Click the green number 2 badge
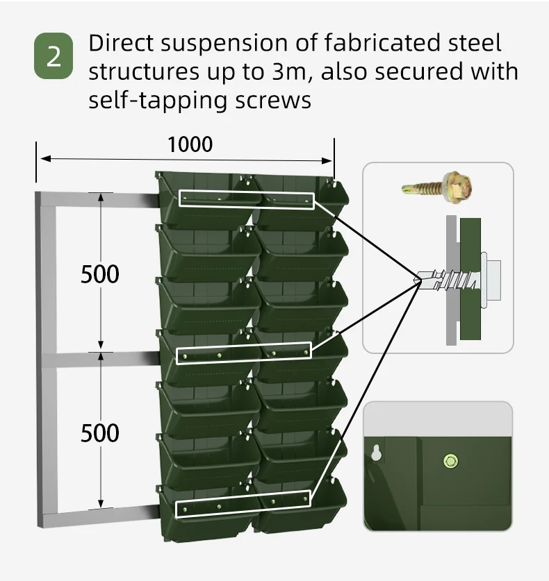54,56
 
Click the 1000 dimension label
190,144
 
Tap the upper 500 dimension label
100,274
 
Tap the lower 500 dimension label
100,433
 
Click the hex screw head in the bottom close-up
450,460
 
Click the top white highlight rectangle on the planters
247,199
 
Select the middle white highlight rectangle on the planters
244,353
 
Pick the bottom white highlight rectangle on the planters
243,504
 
